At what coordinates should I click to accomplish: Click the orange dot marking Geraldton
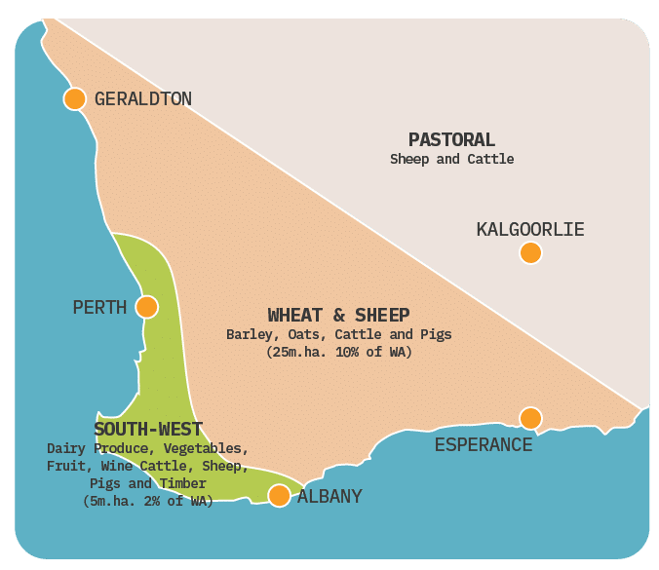pos(75,98)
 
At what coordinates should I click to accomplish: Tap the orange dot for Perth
pos(146,307)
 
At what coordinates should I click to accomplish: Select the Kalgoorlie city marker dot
pos(530,253)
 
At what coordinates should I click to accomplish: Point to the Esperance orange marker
pos(530,418)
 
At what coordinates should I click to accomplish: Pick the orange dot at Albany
pos(279,496)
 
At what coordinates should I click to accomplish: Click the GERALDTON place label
pos(143,98)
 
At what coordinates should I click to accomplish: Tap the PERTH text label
pos(99,308)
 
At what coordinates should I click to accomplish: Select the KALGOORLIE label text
pos(530,230)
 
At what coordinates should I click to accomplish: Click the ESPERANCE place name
pos(484,445)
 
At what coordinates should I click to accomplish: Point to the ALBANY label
pos(329,497)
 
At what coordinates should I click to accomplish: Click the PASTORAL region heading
pos(451,140)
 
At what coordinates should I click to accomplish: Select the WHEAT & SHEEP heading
pos(338,315)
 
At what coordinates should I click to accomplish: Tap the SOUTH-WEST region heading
pos(148,429)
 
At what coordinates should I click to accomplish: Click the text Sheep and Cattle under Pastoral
pos(451,159)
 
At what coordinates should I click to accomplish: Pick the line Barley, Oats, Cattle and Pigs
pos(338,334)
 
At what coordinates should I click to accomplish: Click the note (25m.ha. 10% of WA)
pos(338,352)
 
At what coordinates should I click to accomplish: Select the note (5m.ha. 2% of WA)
pos(148,501)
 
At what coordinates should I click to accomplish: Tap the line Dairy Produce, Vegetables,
pos(148,448)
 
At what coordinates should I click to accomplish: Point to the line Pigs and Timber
pos(148,483)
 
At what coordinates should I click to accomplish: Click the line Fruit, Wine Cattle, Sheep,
pos(148,466)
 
